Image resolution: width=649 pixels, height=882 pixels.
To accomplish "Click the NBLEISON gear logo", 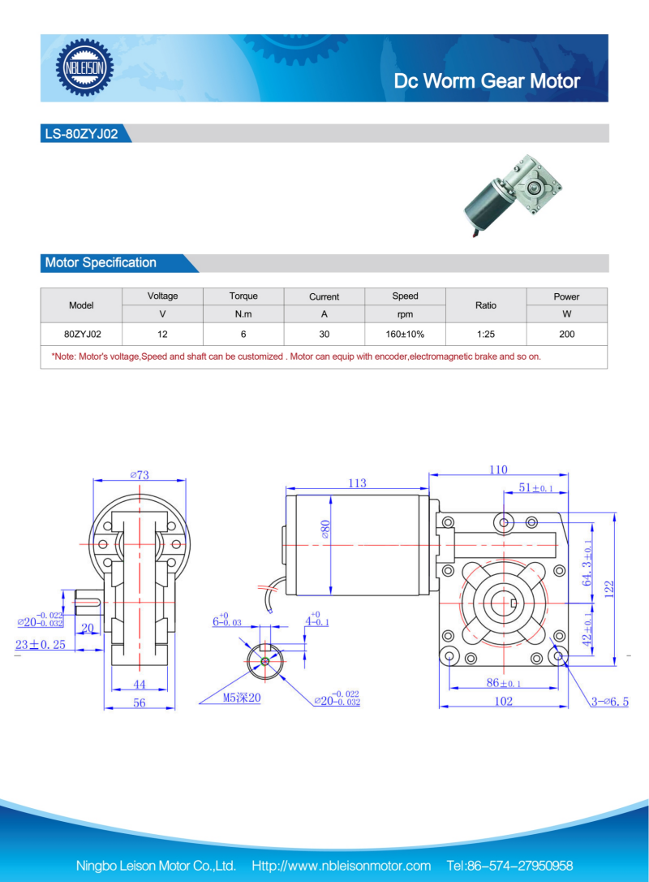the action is [x=84, y=67].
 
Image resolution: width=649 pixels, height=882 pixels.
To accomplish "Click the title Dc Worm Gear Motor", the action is [x=487, y=81].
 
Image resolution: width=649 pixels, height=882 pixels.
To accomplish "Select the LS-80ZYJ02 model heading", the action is [x=81, y=134].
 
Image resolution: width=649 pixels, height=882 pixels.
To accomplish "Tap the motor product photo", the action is [x=513, y=195].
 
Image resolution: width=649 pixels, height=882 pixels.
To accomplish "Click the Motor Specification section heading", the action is [x=101, y=262].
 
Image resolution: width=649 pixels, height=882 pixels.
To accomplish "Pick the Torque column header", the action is [x=243, y=296].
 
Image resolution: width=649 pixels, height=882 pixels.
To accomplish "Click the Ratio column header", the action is [x=486, y=305].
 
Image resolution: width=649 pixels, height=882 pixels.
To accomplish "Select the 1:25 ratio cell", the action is [x=486, y=334].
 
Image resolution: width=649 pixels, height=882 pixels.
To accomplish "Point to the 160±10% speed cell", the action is [x=405, y=334].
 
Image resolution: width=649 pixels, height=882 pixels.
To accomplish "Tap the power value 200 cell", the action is [x=567, y=334].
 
